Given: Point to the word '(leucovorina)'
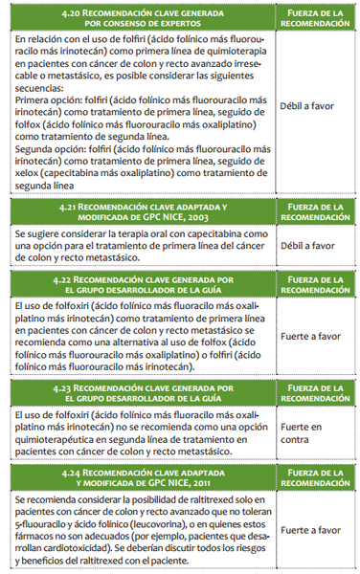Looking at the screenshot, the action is click(134, 524).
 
